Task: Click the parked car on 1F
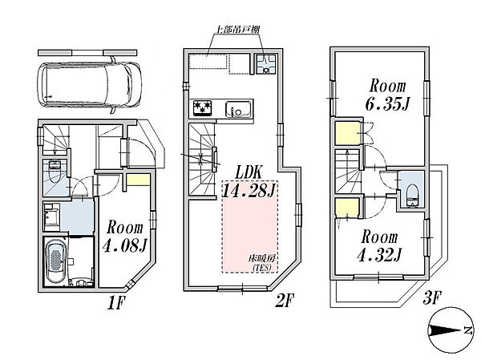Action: pyautogui.click(x=89, y=87)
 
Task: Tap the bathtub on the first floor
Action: pyautogui.click(x=55, y=262)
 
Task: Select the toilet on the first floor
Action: pyautogui.click(x=55, y=172)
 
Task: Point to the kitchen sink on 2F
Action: pyautogui.click(x=238, y=109)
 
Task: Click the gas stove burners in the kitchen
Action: pyautogui.click(x=203, y=108)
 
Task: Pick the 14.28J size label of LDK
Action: pyautogui.click(x=249, y=191)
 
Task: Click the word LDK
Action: pyautogui.click(x=249, y=173)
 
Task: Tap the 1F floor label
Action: pyautogui.click(x=116, y=303)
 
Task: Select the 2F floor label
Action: pyautogui.click(x=285, y=300)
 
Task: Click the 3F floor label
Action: pyautogui.click(x=432, y=297)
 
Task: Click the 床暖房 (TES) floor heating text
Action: pyautogui.click(x=261, y=262)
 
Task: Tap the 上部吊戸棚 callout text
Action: pyautogui.click(x=238, y=30)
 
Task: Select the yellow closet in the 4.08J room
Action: pyautogui.click(x=138, y=180)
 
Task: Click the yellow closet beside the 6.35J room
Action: pyautogui.click(x=347, y=133)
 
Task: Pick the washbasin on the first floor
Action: pyautogui.click(x=51, y=216)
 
